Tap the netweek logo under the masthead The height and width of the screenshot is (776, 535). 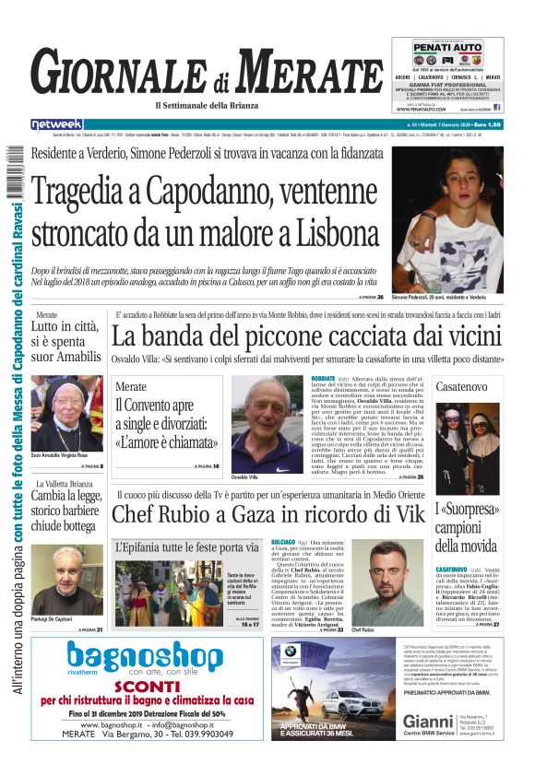tap(56, 124)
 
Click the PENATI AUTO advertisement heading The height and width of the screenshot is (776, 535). tap(447, 46)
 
